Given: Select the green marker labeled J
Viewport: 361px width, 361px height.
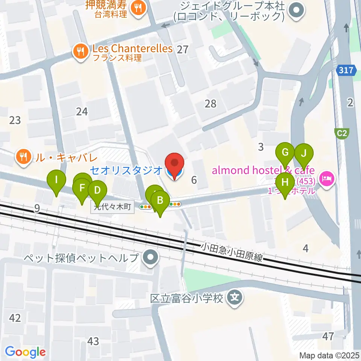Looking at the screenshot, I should pyautogui.click(x=303, y=153).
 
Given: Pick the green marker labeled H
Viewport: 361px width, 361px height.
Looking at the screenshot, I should pyautogui.click(x=285, y=182).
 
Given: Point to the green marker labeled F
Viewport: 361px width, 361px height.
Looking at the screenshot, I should pyautogui.click(x=82, y=187).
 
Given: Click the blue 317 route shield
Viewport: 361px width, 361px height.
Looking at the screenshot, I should pyautogui.click(x=346, y=70).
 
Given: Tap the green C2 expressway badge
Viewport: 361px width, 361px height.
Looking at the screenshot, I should pyautogui.click(x=341, y=132).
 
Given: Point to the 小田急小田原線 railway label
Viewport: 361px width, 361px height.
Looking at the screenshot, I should pyautogui.click(x=231, y=253).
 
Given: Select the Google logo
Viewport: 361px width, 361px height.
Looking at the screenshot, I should pyautogui.click(x=25, y=352).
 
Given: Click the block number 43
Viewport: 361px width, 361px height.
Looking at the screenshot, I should pyautogui.click(x=93, y=341).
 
